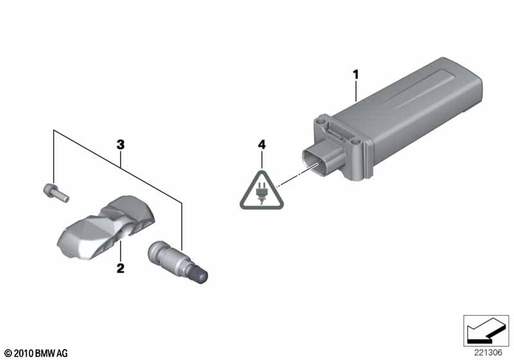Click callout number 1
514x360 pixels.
tap(356, 75)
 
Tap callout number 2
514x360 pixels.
tap(121, 268)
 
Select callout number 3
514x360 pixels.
tap(121, 145)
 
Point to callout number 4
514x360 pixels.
tap(261, 145)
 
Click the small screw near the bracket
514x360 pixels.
tap(56, 193)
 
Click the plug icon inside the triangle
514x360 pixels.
tap(261, 194)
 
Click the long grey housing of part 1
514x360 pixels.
tap(407, 108)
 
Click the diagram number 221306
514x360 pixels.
tap(488, 352)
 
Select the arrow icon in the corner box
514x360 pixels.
tap(485, 330)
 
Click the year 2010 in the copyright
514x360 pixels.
tap(24, 354)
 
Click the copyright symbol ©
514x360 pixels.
tap(8, 354)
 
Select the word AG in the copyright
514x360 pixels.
tap(62, 354)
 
